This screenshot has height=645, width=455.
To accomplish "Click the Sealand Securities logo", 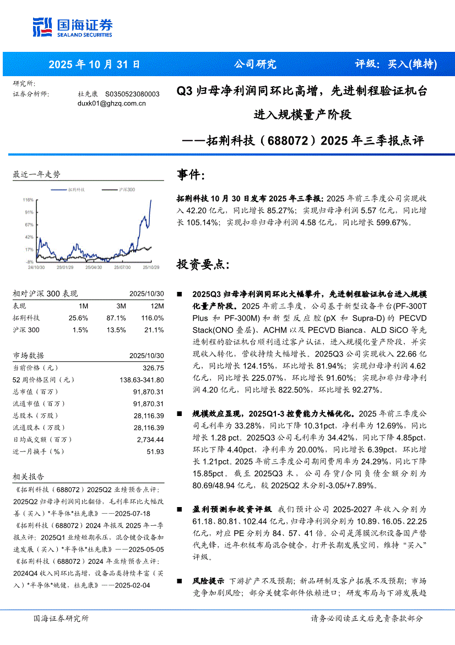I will coord(72,26).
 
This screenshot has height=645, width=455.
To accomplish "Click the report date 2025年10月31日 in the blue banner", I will coord(94,64).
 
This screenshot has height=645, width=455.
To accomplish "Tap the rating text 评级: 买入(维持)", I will coord(396,64).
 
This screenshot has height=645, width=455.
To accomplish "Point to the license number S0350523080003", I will coord(132,94).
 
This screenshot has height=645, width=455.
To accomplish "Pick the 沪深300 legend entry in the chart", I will coord(126,189).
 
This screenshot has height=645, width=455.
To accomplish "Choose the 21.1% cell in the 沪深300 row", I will coord(154,330).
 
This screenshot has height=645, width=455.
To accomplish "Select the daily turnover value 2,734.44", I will coord(150,439).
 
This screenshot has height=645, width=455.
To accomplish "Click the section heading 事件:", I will coord(191,175).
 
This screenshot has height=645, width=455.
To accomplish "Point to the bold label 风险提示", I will coord(208,580).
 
